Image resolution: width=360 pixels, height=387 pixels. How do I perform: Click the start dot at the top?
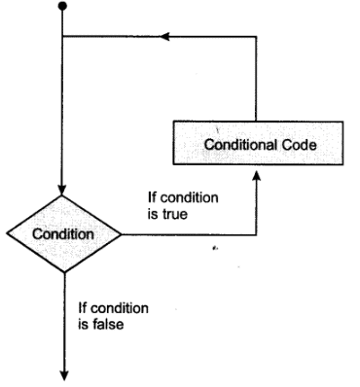coord(62,8)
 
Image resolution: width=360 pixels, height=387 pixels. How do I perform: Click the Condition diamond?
coord(62,235)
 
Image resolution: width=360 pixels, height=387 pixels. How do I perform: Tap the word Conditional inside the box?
coord(234,145)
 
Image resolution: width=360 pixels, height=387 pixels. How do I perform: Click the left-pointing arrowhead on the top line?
coord(165,38)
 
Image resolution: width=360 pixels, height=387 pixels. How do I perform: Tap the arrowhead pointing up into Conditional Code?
coord(256,176)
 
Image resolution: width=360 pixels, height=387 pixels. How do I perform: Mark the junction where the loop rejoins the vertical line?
coord(62,38)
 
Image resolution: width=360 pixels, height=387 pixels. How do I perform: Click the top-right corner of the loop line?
coord(256,38)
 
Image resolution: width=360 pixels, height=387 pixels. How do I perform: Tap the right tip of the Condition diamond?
coord(120,235)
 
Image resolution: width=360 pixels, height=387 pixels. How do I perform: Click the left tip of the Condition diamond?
coord(6,235)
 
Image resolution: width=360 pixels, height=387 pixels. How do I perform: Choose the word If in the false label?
coord(83,308)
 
